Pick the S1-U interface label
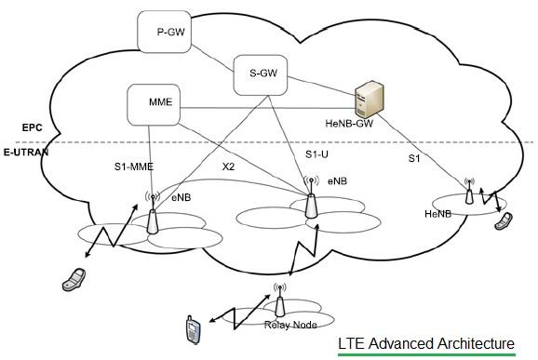pyautogui.click(x=317, y=153)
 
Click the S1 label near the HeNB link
pyautogui.click(x=416, y=160)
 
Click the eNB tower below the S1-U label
pyautogui.click(x=309, y=203)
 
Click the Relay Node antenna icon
pyautogui.click(x=277, y=299)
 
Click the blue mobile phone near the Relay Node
pyautogui.click(x=193, y=328)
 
